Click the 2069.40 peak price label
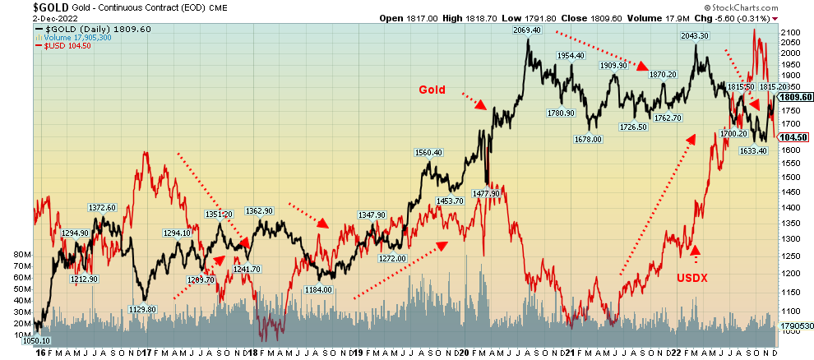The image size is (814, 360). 526,30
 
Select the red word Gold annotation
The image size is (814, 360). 433,89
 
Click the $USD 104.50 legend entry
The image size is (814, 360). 63,46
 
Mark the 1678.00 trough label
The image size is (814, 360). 589,139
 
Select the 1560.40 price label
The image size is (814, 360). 428,152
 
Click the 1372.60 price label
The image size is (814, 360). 102,207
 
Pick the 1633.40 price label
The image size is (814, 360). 753,150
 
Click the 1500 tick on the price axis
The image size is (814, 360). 790,177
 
